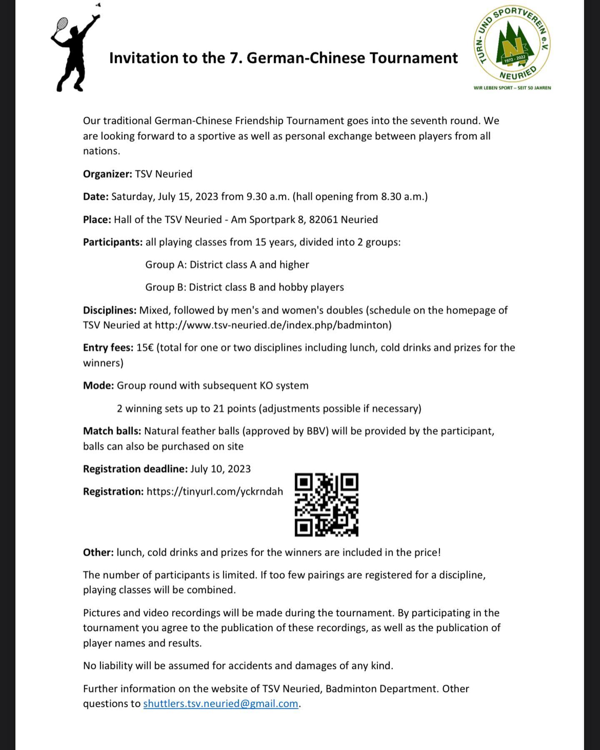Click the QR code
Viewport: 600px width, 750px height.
[327, 505]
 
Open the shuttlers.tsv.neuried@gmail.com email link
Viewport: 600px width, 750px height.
[220, 704]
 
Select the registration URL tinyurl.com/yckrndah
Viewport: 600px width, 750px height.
[215, 492]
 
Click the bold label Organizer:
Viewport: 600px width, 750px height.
[107, 174]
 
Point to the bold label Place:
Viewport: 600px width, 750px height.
[97, 220]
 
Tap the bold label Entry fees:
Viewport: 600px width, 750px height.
[108, 348]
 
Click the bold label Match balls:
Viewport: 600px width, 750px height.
[112, 431]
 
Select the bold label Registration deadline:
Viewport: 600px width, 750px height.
[135, 469]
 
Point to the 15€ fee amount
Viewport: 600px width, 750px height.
[145, 348]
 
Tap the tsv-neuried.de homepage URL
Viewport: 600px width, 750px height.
[273, 325]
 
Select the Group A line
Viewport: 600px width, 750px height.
[227, 265]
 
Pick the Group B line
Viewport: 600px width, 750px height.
[245, 287]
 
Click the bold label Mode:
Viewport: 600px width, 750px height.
[98, 386]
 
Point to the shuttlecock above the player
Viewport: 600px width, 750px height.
[98, 5]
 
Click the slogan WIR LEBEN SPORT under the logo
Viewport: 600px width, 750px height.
[512, 88]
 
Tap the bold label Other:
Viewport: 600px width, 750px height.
[98, 552]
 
